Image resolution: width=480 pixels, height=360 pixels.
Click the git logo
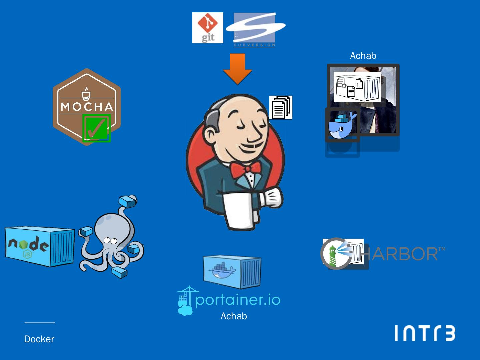pos(207,28)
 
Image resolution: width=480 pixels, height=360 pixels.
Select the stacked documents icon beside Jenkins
pos(281,107)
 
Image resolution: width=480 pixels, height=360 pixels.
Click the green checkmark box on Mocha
pos(96,128)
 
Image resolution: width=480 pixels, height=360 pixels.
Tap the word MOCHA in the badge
pos(87,107)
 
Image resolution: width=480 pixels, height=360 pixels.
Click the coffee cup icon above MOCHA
pos(86,94)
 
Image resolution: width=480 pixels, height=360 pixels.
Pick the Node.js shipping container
pos(40,246)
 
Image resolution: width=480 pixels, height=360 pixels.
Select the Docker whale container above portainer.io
pos(232,271)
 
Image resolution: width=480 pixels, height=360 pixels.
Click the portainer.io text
pos(238,300)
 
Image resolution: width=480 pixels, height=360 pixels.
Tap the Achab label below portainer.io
pos(234,316)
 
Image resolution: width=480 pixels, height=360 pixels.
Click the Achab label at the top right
pos(363,56)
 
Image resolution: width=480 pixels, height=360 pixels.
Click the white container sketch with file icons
pos(357,87)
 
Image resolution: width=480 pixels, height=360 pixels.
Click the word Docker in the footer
pos(39,339)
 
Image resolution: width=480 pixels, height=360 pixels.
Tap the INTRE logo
pos(425,333)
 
